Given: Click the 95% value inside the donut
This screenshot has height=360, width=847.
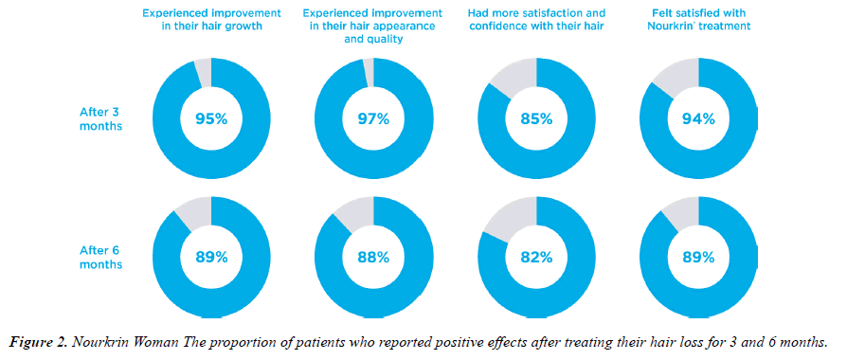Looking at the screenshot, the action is coord(211,119).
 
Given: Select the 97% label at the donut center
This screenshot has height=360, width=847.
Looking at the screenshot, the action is coord(373,119).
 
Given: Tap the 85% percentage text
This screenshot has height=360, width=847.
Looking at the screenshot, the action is coord(536,119).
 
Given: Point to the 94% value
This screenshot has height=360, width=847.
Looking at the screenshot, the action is coord(698,119).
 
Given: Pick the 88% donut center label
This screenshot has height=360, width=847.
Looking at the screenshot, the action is coord(373,258).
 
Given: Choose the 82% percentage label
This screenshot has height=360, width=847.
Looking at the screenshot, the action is coord(536,258).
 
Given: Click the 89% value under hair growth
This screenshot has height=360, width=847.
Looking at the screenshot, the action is coord(211,258).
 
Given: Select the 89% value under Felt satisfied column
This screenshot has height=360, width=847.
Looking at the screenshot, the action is coord(698,258).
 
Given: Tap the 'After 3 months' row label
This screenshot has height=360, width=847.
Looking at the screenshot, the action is coord(100,119).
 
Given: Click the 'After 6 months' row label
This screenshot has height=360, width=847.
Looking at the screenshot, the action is coord(100,258).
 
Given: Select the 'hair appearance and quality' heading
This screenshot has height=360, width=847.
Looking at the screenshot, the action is coord(374,26).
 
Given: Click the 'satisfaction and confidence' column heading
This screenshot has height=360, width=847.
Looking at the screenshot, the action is coord(537,20).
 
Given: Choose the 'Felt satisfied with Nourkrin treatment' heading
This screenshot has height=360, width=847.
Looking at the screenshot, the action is coord(699,20).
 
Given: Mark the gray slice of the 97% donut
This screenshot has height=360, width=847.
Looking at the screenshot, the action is coord(369,72).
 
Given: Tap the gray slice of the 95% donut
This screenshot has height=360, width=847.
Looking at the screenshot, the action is coord(205,73).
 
